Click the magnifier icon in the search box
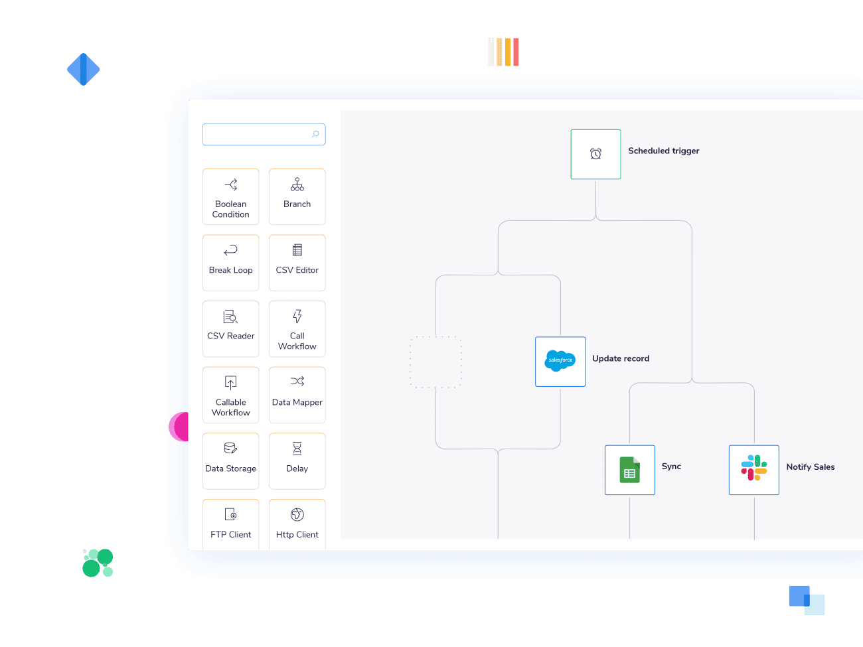coord(315,134)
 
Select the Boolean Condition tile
coord(231,196)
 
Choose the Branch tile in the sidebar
coord(297,196)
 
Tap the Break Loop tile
coord(231,262)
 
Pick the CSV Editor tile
coord(297,262)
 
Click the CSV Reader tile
coord(231,328)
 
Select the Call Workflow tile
coord(297,328)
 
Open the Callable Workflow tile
coord(231,395)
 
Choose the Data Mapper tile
coord(297,395)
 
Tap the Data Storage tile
coord(231,461)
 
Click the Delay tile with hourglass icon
coord(297,461)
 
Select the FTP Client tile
coord(231,524)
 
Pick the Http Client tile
coord(297,524)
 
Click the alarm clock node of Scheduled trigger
coord(595,154)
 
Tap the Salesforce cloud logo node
coord(560,361)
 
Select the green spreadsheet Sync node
coord(629,470)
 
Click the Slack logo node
coord(753,470)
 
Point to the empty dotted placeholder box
coord(435,362)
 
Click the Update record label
coord(621,358)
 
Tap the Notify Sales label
coord(810,467)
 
